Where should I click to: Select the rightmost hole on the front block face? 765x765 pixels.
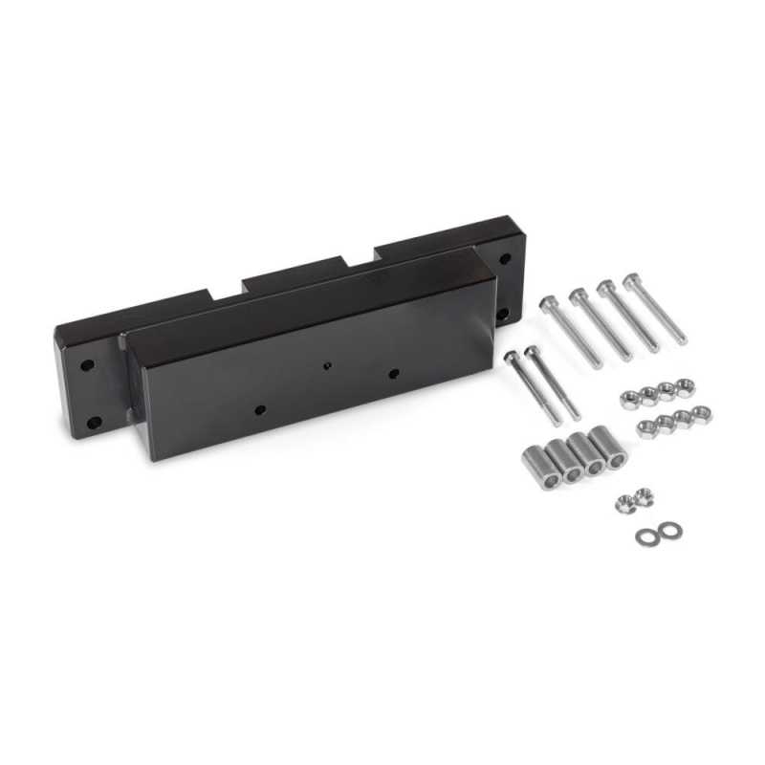[392, 373]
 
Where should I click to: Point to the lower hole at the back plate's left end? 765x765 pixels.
[94, 423]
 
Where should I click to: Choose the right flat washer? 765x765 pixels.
[665, 529]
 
